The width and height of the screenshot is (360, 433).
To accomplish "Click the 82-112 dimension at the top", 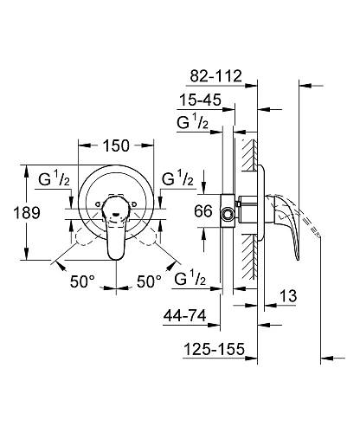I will [220, 75].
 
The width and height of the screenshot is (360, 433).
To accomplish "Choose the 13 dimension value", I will [289, 298].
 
